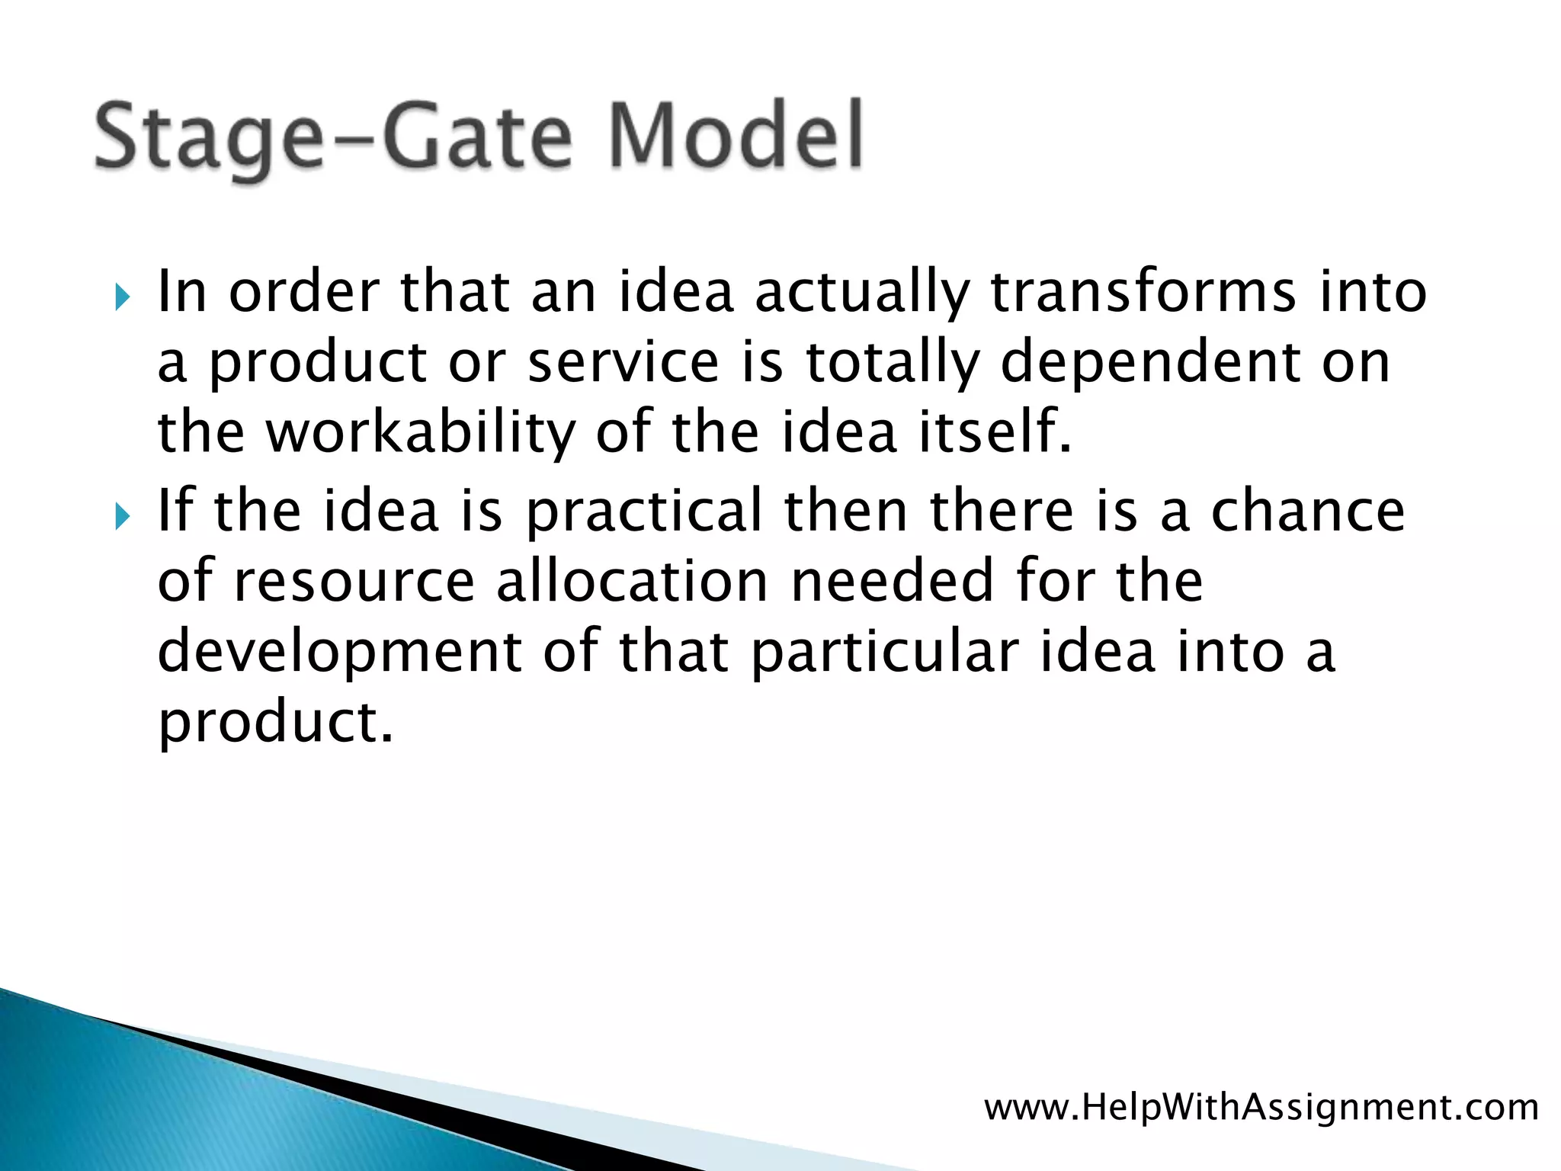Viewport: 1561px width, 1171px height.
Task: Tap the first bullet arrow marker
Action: click(122, 297)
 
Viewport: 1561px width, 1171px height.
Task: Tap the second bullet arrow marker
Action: click(122, 516)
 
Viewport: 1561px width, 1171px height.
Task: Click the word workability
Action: click(420, 432)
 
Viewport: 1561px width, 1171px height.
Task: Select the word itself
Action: click(995, 432)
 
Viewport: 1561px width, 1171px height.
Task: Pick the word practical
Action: click(644, 512)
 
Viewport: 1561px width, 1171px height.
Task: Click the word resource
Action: click(355, 582)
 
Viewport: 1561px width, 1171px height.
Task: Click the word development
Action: click(340, 653)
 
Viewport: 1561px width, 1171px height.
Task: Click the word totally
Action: click(893, 364)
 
